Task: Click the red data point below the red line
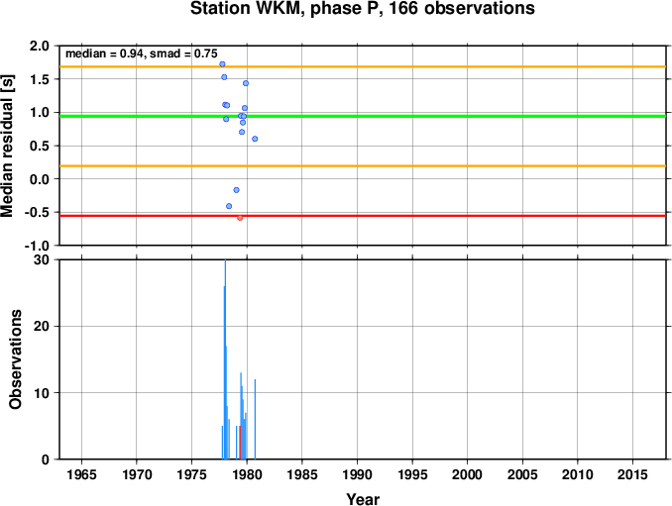coord(240,218)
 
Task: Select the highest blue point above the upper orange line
coord(222,64)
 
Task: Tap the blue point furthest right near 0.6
coord(255,139)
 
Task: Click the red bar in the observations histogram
coord(240,443)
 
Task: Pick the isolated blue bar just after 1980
coord(255,419)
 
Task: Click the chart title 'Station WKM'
coord(247,9)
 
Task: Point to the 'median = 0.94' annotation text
coord(104,53)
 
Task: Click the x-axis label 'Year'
coord(363,499)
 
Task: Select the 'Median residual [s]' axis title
coord(7,146)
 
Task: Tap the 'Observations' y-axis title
coord(16,359)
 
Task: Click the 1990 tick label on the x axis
coord(357,474)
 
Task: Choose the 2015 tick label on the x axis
coord(632,474)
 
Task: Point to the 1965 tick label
coord(81,474)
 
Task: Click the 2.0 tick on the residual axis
coord(40,46)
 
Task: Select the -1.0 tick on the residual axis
coord(38,246)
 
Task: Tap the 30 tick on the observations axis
coord(42,259)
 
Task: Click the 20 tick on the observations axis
coord(42,326)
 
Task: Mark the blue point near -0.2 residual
coord(236,190)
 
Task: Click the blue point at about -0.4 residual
coord(229,206)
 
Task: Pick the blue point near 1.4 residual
coord(246,83)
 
